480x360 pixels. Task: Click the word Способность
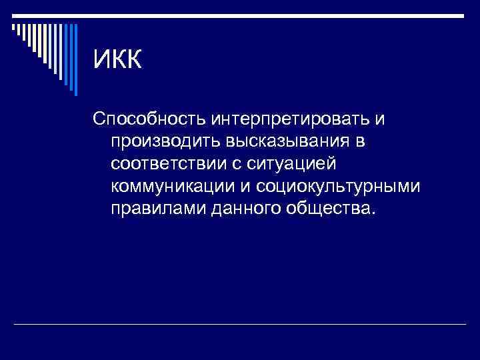[x=150, y=120]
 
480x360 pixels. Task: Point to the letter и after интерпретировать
[x=379, y=121]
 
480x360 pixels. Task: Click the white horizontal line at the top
[x=240, y=16]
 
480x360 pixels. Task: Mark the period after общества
[x=373, y=213]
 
